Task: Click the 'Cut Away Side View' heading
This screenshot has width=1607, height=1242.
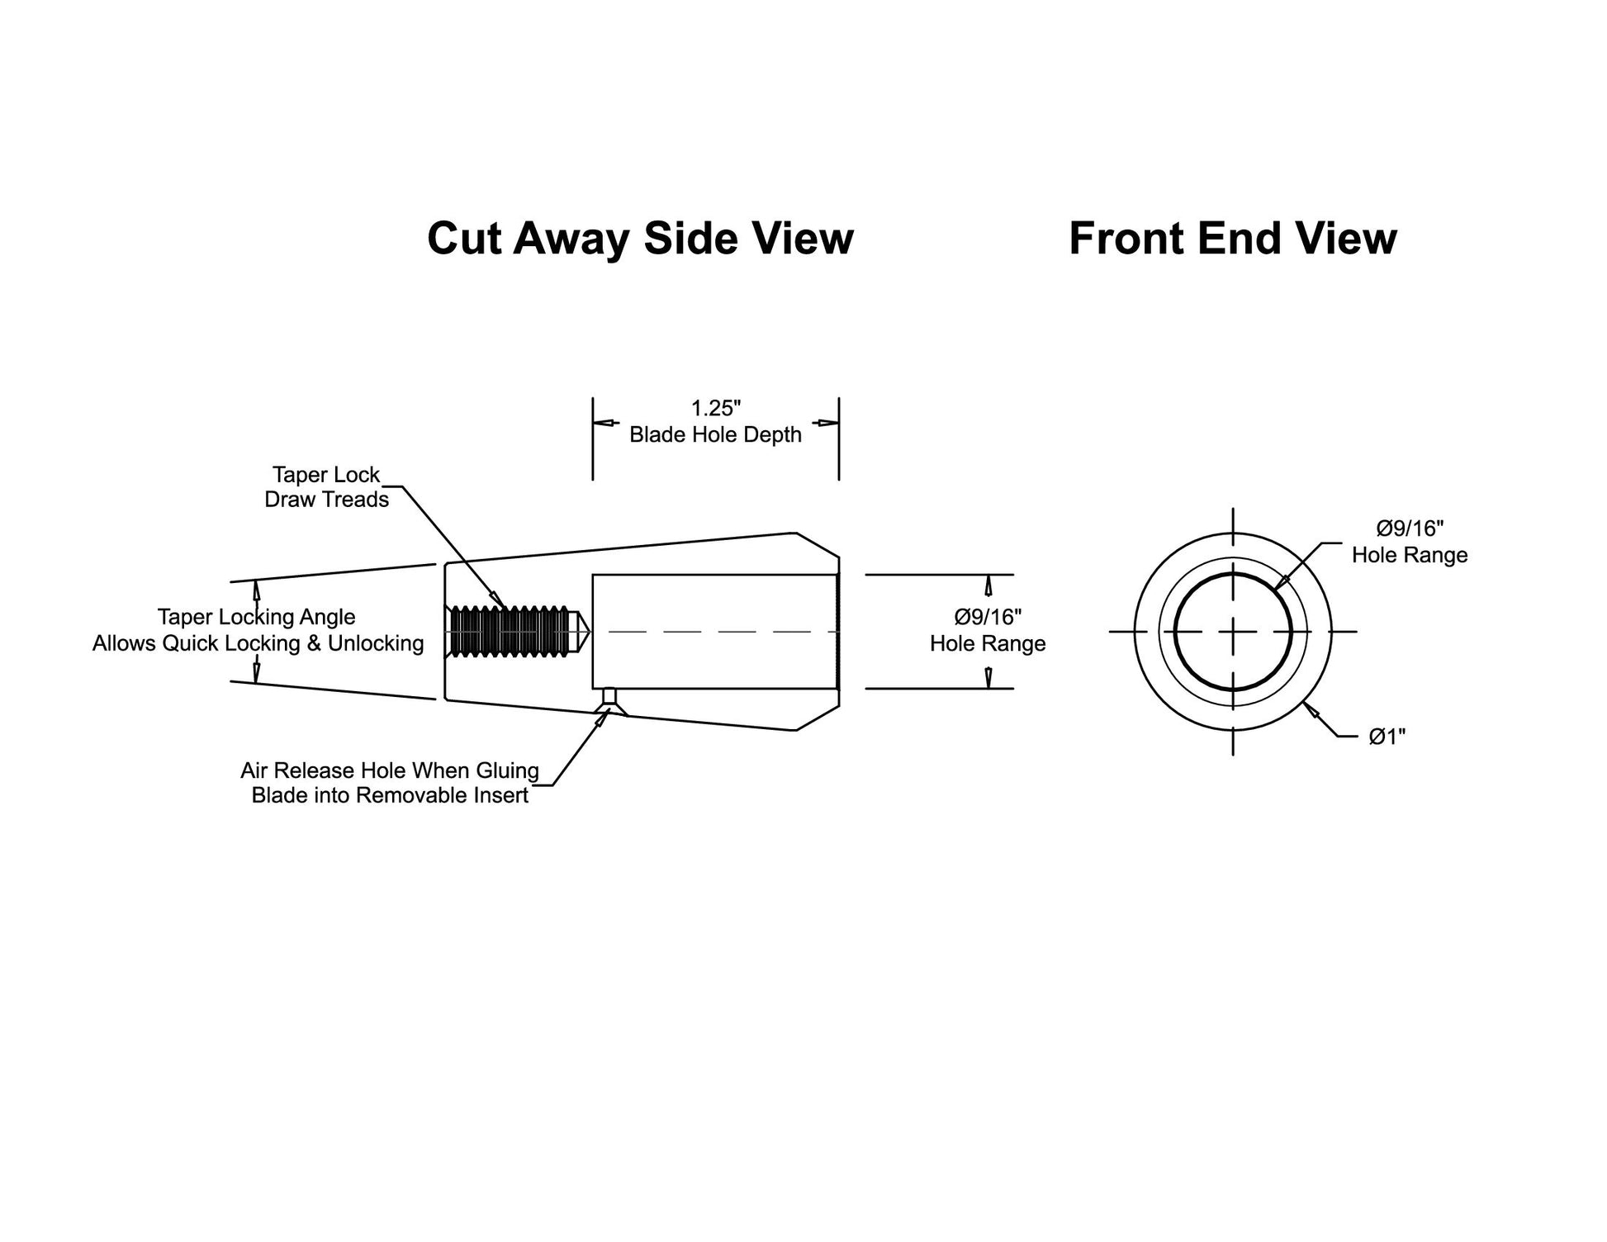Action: coord(640,239)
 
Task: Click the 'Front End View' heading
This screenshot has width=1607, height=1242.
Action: coord(1233,239)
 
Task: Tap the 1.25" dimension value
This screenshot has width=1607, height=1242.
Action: coord(716,408)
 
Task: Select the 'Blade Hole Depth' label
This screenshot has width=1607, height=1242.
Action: coord(715,434)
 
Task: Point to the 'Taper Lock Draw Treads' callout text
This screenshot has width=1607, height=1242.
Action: coord(326,487)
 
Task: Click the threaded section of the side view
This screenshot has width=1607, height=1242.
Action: coord(510,632)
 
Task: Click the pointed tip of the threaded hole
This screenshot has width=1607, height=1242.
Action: coord(588,632)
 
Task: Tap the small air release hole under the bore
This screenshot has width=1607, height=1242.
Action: coord(609,696)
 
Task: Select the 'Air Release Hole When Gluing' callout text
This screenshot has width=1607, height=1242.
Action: coord(390,770)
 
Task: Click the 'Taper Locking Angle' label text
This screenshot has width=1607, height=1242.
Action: coord(256,617)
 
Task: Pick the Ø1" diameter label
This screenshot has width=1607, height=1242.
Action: coord(1387,736)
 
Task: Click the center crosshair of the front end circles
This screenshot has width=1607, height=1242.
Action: coord(1233,632)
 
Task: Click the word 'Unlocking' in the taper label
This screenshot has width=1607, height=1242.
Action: coord(376,643)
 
